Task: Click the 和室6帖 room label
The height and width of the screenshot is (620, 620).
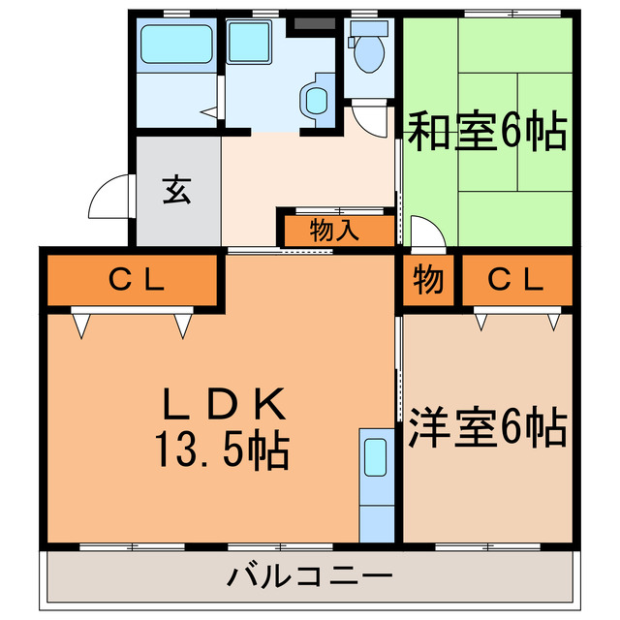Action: pyautogui.click(x=486, y=133)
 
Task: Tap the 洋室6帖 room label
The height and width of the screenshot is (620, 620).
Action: pyautogui.click(x=486, y=427)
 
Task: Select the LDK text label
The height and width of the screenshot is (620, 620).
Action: pyautogui.click(x=222, y=400)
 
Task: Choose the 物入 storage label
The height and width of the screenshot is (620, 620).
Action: pyautogui.click(x=336, y=231)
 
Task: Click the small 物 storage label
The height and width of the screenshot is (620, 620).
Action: pyautogui.click(x=429, y=281)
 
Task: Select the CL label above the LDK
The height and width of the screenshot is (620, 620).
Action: pyautogui.click(x=137, y=281)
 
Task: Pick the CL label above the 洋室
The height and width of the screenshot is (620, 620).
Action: pyautogui.click(x=514, y=281)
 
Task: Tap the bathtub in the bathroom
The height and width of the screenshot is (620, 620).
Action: pyautogui.click(x=175, y=45)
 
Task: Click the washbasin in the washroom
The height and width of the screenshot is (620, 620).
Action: pyautogui.click(x=316, y=99)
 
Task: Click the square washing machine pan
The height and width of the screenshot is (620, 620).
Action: pyautogui.click(x=254, y=45)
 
